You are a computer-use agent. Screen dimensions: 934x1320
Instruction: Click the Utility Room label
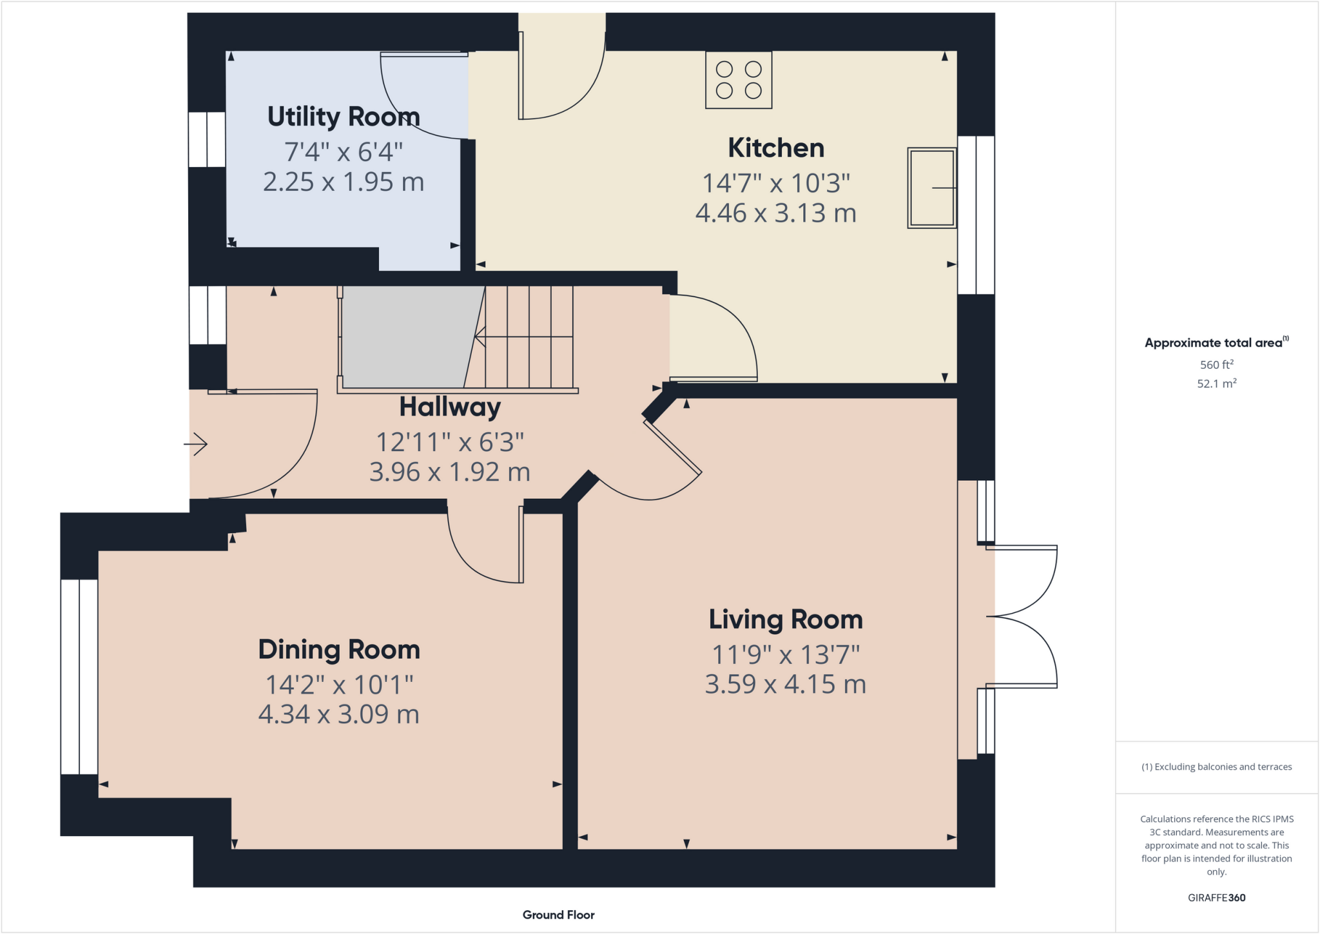(344, 117)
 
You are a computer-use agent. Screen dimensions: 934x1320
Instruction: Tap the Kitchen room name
(776, 148)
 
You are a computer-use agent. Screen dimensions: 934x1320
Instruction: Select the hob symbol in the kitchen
(739, 80)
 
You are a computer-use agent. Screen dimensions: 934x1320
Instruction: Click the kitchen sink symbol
(931, 188)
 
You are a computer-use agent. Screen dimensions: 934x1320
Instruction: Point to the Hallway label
(450, 407)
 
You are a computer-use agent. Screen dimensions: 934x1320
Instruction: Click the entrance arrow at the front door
(196, 444)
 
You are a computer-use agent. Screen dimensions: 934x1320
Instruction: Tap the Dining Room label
(339, 650)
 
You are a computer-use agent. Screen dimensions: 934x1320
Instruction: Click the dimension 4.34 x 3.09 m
(339, 714)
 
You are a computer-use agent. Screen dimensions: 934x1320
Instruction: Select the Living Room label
(786, 619)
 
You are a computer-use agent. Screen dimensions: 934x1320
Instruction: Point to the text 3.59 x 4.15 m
(786, 684)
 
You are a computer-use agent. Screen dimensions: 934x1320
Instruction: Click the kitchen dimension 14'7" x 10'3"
(776, 183)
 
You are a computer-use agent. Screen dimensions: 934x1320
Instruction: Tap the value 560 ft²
(1216, 365)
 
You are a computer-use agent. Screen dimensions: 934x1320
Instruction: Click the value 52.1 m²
(1216, 384)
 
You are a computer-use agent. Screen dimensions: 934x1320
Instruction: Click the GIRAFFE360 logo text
(1216, 898)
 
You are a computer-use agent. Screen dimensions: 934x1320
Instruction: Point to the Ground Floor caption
(558, 915)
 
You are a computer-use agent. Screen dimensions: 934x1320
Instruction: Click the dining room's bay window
(79, 676)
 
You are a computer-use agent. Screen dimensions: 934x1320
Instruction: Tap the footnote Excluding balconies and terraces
(1216, 767)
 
